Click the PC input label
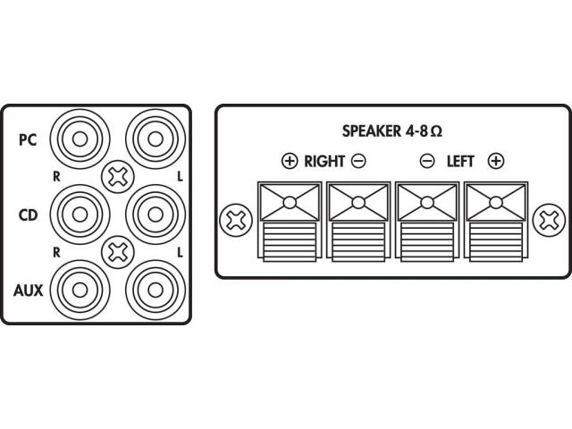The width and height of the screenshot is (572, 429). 28,139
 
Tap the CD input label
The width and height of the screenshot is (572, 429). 28,215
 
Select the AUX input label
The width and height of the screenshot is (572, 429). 28,290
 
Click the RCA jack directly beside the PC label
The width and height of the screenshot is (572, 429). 80,139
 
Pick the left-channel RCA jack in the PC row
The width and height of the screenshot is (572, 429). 156,139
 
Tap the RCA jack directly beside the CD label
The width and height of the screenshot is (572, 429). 80,214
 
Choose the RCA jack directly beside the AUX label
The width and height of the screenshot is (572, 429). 80,290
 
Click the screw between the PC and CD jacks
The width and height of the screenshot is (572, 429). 118,177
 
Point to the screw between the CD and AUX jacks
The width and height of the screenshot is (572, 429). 118,252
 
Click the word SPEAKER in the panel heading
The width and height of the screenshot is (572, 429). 372,131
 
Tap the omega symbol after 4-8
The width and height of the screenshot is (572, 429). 436,131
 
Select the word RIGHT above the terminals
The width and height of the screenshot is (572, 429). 324,162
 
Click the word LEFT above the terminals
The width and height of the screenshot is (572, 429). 460,162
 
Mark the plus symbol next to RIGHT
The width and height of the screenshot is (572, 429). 290,161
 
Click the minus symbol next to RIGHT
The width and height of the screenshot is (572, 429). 358,161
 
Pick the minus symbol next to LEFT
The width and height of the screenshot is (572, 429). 427,161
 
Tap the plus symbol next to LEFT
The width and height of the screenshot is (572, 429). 496,161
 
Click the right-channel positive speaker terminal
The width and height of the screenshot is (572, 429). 290,222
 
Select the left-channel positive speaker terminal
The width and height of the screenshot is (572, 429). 496,222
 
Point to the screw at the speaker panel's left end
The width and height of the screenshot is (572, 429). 236,220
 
